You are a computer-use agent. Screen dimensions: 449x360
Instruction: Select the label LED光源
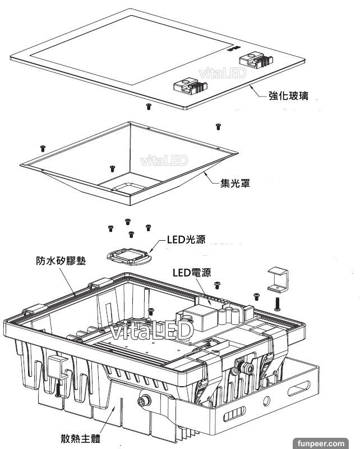(186, 240)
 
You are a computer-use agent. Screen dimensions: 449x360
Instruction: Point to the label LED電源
(191, 273)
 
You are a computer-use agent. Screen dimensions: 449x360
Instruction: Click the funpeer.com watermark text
(333, 442)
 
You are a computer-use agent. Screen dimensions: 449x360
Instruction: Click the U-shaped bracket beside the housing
(277, 279)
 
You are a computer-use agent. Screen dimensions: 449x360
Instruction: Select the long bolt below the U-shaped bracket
(278, 303)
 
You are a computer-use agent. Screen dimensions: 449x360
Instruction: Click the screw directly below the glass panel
(148, 106)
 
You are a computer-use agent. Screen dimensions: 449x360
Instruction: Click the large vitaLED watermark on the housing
(151, 331)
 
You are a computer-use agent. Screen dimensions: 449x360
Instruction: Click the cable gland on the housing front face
(145, 400)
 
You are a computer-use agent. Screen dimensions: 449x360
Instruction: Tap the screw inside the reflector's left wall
(112, 168)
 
